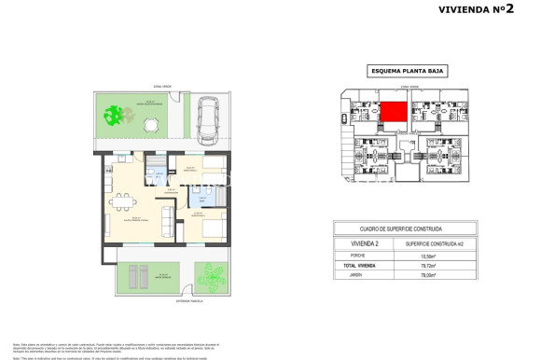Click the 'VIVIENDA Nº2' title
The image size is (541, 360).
(x=473, y=10)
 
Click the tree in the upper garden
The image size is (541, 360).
(x=114, y=116)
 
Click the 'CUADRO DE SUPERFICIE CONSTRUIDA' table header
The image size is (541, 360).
(x=401, y=228)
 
